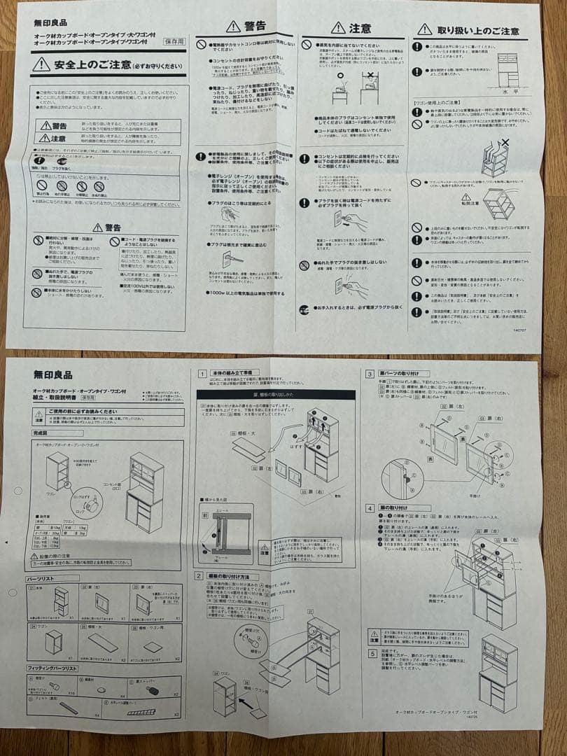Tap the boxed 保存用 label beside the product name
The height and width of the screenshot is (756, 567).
click(174, 41)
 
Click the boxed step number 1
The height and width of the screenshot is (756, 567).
click(202, 374)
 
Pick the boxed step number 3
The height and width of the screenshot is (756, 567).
click(370, 374)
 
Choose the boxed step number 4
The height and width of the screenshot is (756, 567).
click(370, 507)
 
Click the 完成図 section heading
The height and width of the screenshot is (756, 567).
click(41, 433)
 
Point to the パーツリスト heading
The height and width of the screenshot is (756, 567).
click(44, 579)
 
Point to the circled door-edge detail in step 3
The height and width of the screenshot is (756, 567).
click(402, 478)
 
